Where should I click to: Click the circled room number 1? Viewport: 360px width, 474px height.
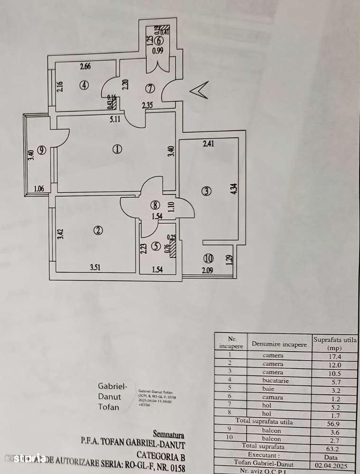coord(117,149)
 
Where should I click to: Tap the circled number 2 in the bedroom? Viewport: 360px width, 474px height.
coord(98,231)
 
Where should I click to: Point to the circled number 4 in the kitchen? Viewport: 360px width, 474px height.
coord(84,86)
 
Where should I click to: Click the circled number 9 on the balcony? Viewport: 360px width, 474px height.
coord(42,150)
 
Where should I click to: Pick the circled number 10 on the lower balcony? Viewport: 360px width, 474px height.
coord(208,259)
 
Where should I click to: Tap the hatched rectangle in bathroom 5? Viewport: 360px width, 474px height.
coord(172,248)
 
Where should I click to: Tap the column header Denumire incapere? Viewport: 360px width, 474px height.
coord(279,344)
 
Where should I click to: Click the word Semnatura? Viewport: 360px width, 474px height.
coord(169,434)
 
